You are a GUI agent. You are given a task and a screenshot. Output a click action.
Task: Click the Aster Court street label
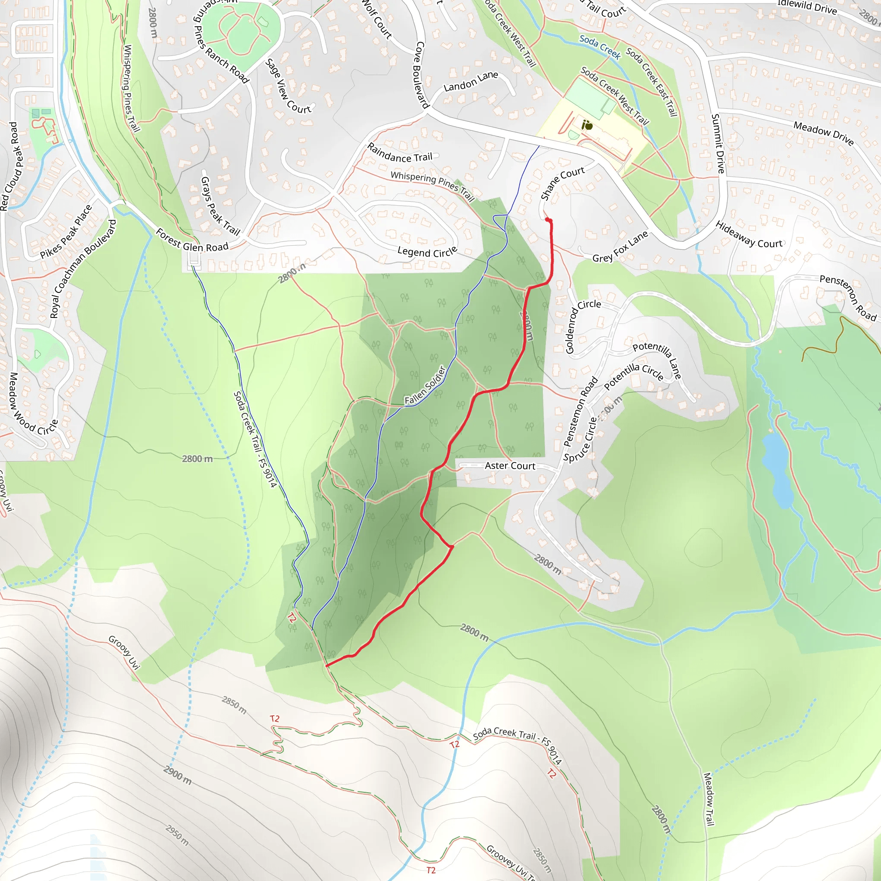(x=510, y=465)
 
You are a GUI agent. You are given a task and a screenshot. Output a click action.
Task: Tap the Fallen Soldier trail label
(x=425, y=385)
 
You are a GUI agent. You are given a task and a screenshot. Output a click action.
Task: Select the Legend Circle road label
(x=427, y=252)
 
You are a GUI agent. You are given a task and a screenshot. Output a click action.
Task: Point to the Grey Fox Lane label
(x=620, y=246)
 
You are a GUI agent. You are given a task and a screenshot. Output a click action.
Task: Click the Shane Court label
(x=562, y=183)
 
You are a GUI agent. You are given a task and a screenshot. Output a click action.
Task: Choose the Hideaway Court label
(x=749, y=235)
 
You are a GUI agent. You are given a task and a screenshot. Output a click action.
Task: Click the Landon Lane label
(x=471, y=81)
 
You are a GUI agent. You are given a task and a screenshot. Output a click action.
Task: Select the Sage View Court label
(x=288, y=86)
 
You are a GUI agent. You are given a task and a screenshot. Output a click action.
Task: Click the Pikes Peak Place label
(x=66, y=232)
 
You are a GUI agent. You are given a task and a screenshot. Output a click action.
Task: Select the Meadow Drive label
(x=823, y=132)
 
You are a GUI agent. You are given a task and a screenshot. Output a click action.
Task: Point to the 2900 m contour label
(x=177, y=775)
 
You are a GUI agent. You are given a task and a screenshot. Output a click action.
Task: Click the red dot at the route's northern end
(x=548, y=220)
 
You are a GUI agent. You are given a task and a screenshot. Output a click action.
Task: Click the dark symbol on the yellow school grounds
(x=587, y=124)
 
